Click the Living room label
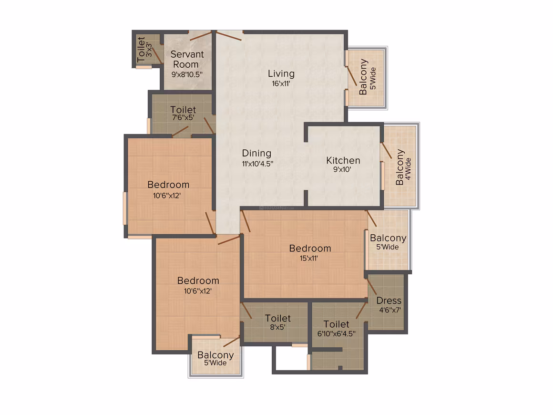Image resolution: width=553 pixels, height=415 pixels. pyautogui.click(x=281, y=74)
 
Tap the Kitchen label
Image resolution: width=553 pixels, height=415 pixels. pyautogui.click(x=343, y=161)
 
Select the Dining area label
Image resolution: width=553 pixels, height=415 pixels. pyautogui.click(x=257, y=153)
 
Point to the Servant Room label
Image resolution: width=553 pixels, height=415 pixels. pyautogui.click(x=187, y=59)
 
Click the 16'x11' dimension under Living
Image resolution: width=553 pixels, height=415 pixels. pyautogui.click(x=281, y=83)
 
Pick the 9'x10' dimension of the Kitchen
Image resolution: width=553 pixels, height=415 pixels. pyautogui.click(x=342, y=169)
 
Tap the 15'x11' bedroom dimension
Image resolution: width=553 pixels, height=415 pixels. pyautogui.click(x=309, y=259)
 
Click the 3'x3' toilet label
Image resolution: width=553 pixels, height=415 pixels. pyautogui.click(x=149, y=50)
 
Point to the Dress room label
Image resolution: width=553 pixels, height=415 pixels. pyautogui.click(x=389, y=301)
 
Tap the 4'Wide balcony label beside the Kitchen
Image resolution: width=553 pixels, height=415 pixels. pyautogui.click(x=408, y=169)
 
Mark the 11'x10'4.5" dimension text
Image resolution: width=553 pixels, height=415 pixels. pyautogui.click(x=257, y=164)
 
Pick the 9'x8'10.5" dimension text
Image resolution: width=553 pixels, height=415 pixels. pyautogui.click(x=187, y=74)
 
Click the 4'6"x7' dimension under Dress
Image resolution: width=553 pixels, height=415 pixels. pyautogui.click(x=390, y=310)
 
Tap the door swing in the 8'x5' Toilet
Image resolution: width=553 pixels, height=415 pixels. pyautogui.click(x=247, y=311)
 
